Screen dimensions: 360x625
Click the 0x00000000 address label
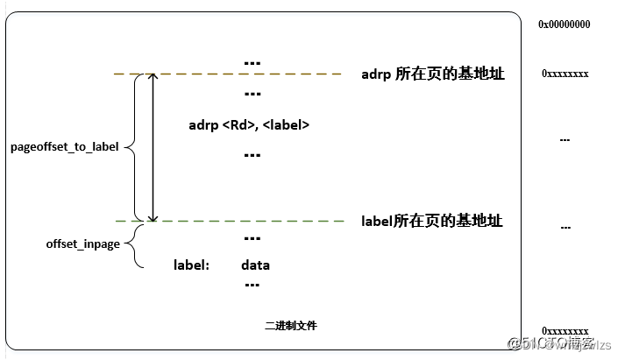[x=564, y=25]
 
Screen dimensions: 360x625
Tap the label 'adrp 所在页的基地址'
[x=432, y=74]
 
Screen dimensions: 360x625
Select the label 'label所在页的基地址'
[x=432, y=221]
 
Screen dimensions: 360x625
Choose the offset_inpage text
[x=82, y=244]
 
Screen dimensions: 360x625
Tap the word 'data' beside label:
[x=255, y=265]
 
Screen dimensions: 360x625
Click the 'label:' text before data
[x=191, y=265]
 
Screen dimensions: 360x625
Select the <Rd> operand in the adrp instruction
[x=237, y=125]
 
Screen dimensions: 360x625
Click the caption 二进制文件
[x=291, y=325]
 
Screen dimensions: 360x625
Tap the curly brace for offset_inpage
[x=134, y=244]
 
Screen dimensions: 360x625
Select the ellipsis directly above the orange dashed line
[x=252, y=62]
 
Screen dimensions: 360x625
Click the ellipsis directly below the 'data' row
[x=252, y=284]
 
